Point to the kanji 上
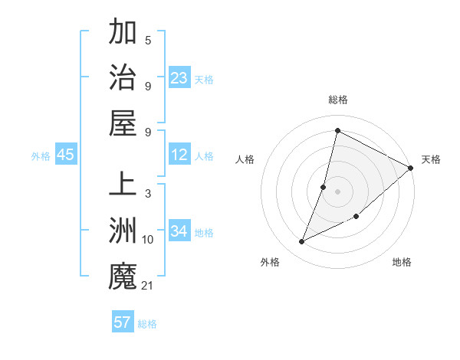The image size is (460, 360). pos(123,185)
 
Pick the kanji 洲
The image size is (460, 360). pos(123,231)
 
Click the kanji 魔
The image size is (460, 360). pos(123,275)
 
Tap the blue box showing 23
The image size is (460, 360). pos(179,77)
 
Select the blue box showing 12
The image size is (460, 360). pos(179,155)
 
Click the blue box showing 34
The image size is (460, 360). pos(179,231)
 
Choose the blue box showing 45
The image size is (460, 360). pos(65,155)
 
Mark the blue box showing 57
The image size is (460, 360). pos(123,322)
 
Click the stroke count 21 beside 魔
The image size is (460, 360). pos(147,286)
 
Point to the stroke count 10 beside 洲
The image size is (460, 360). pos(147,240)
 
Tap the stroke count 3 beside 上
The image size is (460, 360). pos(147,194)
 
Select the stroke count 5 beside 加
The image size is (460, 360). pos(147,41)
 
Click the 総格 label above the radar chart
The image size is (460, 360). pos(337,100)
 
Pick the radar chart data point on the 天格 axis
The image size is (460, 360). pos(410,168)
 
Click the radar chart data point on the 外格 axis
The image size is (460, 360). pos(302,242)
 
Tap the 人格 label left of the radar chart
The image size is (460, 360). pos(245,159)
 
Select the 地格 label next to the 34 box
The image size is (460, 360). pos(205,232)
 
